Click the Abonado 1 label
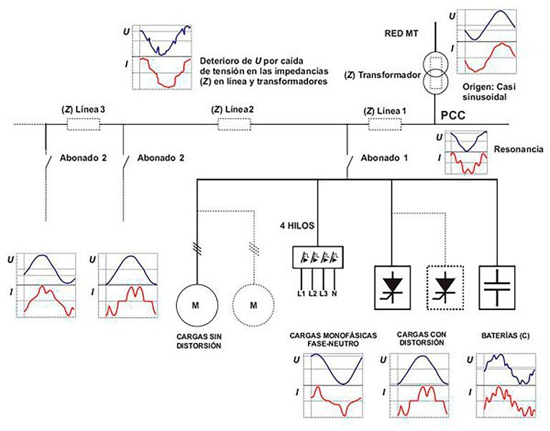click(385, 158)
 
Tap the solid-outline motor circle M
click(195, 304)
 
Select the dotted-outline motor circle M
click(253, 304)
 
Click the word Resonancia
click(517, 150)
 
